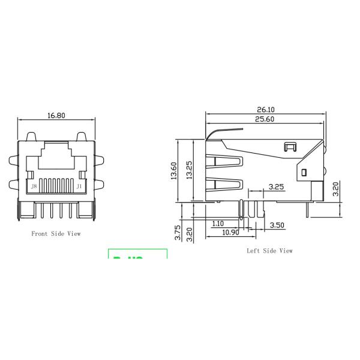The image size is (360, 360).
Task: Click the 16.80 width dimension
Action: (56, 116)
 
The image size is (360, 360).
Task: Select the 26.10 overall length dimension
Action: (266, 110)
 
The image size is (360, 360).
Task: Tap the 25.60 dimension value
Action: (266, 119)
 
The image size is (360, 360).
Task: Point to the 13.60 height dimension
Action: (174, 170)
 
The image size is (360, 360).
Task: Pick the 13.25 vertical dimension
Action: (189, 170)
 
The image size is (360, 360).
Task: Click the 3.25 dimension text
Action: (276, 187)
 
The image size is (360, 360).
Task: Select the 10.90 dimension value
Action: (231, 232)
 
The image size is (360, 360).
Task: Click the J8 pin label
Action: (34, 187)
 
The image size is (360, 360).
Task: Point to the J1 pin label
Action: (79, 187)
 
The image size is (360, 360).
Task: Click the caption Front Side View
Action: (56, 233)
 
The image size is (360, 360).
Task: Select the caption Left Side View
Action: (270, 251)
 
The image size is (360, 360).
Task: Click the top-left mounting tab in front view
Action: (13, 161)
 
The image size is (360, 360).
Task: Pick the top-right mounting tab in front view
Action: (100, 161)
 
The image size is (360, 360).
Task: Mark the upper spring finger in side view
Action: (227, 161)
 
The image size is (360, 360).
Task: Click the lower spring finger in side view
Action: (227, 185)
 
